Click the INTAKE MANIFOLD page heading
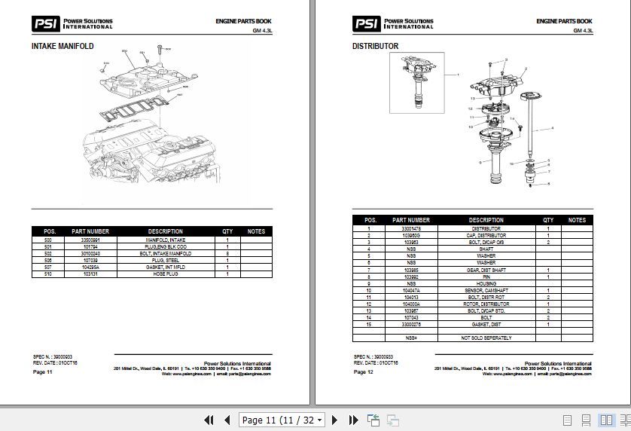tap(62, 46)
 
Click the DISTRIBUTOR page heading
tap(376, 46)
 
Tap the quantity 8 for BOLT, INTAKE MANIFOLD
tap(227, 254)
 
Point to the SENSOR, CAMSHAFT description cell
tap(486, 289)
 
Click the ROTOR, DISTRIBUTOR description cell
tap(486, 303)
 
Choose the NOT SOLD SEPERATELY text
tap(486, 338)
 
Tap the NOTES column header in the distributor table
tap(577, 220)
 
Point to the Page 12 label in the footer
tap(364, 372)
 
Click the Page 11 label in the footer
tap(42, 372)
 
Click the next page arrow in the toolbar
tap(334, 420)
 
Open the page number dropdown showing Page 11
tap(282, 420)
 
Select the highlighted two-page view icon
tap(605, 420)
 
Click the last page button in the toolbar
tap(352, 420)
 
